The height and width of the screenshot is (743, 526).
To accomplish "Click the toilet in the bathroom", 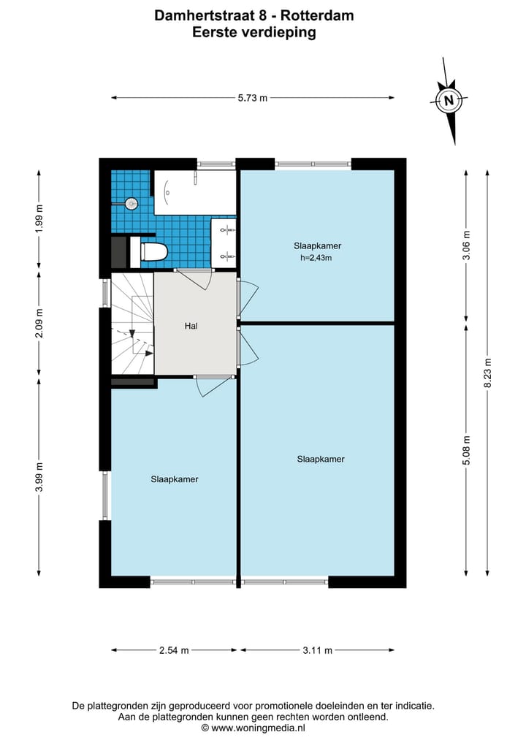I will (153, 252).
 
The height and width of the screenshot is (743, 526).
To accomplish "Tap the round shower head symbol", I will (131, 204).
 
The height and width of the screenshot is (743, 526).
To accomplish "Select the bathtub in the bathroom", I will (194, 193).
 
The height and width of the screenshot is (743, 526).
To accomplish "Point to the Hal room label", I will (192, 327).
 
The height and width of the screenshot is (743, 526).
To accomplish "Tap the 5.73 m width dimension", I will (253, 98).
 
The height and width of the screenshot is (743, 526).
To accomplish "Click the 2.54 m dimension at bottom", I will (174, 650).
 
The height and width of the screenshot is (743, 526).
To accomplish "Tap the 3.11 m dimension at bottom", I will (317, 650).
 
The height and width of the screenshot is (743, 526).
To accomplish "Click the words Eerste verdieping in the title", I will (254, 32).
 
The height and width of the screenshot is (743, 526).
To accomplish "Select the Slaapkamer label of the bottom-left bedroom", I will (175, 479).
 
